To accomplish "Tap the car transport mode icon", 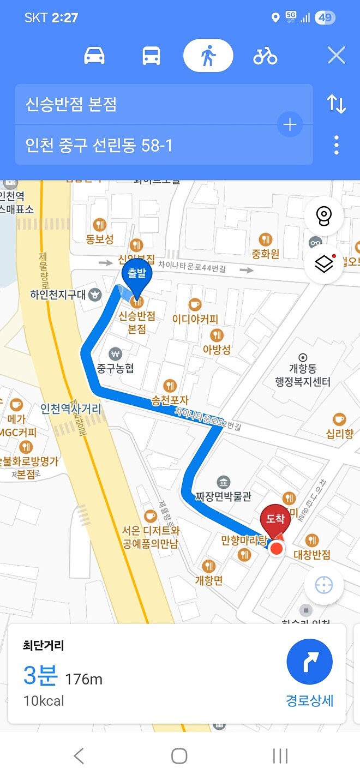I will (x=94, y=56).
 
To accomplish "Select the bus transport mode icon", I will (x=151, y=56).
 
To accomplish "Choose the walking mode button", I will (x=208, y=56).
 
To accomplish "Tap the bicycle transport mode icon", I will (x=265, y=56).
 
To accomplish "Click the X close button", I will (x=336, y=56).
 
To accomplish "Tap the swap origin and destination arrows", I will (x=336, y=104).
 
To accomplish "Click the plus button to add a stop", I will (x=290, y=125).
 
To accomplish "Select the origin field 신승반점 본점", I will (x=147, y=104).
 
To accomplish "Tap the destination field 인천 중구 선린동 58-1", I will (x=147, y=145).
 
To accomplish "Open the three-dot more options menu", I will (x=336, y=145).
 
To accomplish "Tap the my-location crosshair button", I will (x=323, y=585).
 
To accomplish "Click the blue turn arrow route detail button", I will (x=309, y=662).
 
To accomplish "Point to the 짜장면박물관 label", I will (x=224, y=497).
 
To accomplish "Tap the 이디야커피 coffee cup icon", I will (x=195, y=304).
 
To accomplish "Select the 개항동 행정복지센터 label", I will (x=303, y=375).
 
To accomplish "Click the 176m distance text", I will (x=83, y=679).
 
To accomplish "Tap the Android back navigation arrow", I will (x=79, y=755).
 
